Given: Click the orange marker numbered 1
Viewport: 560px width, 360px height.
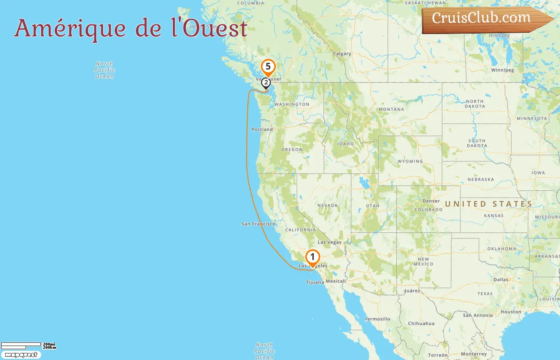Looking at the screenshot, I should point(312,257).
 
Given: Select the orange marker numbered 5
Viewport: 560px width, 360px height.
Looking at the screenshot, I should point(268,67).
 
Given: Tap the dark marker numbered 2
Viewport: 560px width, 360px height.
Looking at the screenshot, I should point(266,83).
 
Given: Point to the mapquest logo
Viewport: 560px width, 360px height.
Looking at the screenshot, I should point(21,355).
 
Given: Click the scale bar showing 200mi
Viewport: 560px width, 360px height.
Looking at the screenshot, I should point(21,344).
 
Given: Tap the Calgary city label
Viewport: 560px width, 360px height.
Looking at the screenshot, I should point(342,54).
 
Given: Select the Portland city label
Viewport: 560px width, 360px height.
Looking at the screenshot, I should point(262,130).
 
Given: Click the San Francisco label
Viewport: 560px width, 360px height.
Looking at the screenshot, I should point(258,224).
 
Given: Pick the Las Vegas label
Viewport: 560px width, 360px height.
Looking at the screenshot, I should point(329,242).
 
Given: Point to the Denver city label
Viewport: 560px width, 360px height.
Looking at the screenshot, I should point(431,201).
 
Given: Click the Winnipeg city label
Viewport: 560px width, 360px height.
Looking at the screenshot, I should point(502,70).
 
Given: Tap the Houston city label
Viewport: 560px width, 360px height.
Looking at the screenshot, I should point(511,312).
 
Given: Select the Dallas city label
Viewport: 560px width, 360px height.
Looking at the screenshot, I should point(501,280).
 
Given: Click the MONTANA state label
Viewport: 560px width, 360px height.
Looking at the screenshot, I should point(391,109).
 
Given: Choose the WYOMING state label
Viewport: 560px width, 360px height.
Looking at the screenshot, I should point(410,161).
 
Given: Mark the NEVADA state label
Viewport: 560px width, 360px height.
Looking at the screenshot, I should point(327,206).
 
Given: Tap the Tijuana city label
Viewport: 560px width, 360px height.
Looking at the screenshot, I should point(315,282).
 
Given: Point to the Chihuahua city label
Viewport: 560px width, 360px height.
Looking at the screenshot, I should point(421,324).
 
